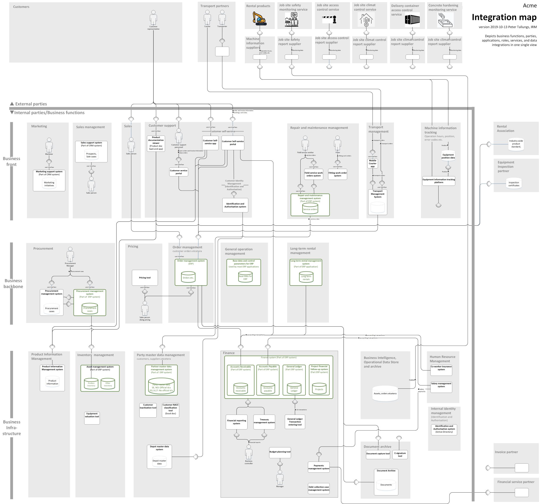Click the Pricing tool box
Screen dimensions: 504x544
tap(145, 278)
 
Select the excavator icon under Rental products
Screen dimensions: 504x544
tap(259, 19)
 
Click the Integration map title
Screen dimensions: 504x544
tap(504, 17)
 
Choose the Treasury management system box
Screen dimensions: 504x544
tap(264, 422)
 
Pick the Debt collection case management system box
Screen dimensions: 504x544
tap(318, 488)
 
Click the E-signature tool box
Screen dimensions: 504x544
tap(400, 455)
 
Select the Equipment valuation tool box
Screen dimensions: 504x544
tap(92, 418)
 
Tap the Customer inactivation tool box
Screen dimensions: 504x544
tap(148, 410)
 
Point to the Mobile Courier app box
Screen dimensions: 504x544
tap(373, 163)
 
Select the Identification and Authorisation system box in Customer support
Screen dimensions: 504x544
tap(235, 205)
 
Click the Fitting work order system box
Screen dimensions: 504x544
tap(337, 174)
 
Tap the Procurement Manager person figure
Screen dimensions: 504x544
tap(70, 255)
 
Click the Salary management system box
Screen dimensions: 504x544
tap(441, 387)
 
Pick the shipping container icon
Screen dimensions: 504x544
tap(412, 20)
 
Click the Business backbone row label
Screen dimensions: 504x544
tap(13, 283)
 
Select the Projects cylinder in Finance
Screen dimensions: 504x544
tap(319, 389)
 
